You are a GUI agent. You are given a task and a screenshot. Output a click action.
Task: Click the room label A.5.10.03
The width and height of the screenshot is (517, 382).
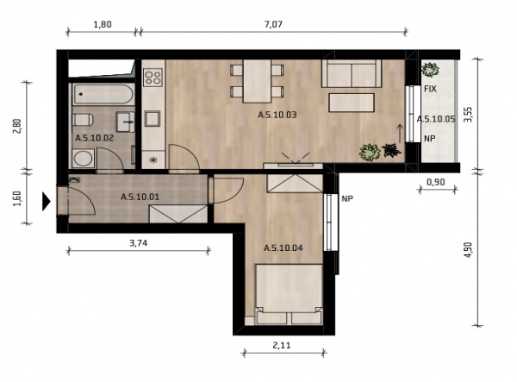click(x=277, y=115)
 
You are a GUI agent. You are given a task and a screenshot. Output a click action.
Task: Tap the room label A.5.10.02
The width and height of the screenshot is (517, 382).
click(x=94, y=138)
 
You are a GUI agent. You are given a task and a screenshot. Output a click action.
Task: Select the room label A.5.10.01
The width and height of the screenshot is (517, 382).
click(x=140, y=197)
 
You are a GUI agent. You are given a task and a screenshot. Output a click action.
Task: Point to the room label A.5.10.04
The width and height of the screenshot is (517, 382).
click(x=283, y=247)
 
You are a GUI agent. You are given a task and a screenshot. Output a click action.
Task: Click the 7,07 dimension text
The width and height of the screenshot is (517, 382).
click(x=273, y=24)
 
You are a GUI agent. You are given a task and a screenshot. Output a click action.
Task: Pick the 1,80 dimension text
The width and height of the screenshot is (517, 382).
click(x=103, y=24)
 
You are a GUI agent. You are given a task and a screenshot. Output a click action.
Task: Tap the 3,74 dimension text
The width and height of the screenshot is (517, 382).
click(x=138, y=243)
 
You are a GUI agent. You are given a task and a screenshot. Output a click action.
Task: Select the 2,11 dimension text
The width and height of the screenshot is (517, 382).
click(x=282, y=346)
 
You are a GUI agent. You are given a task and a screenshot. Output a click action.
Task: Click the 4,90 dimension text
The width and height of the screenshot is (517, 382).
click(x=469, y=251)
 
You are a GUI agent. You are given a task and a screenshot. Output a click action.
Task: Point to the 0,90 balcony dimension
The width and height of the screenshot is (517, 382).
click(x=436, y=182)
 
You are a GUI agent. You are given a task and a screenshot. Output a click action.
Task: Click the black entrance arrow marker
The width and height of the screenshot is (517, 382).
click(x=47, y=201)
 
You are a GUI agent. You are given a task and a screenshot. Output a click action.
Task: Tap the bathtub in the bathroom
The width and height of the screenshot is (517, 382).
click(x=103, y=94)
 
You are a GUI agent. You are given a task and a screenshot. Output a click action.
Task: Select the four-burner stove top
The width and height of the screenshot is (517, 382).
click(x=153, y=78)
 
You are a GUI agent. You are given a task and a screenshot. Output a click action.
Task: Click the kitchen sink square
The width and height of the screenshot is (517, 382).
click(x=153, y=118)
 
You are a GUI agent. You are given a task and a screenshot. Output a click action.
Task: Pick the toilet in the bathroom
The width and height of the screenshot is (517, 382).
click(x=83, y=119)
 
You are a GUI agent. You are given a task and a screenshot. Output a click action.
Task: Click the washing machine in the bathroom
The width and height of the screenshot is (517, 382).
click(x=83, y=158)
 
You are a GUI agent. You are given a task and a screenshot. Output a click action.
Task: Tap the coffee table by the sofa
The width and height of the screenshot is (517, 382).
click(x=352, y=103)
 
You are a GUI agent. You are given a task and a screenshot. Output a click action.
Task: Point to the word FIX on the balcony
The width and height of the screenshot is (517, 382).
click(x=430, y=89)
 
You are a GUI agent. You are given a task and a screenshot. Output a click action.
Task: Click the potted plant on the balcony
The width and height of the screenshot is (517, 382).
click(x=430, y=70)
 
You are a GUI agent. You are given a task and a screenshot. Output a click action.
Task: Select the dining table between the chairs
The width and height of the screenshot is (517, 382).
click(x=257, y=81)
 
